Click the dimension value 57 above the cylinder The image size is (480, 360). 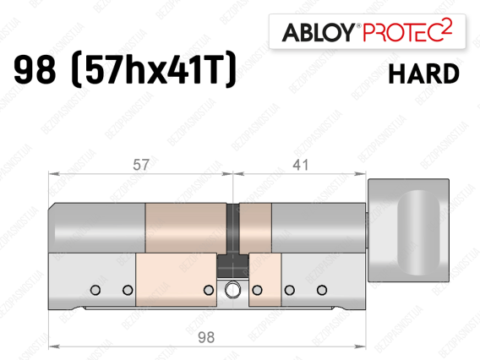pos(141,165)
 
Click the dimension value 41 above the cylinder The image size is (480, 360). pos(300,165)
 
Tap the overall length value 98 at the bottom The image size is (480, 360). pos(206,337)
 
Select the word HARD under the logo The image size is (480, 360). pos(424,74)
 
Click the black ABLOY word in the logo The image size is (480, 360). pos(319,32)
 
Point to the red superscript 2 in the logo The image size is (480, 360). pos(447,28)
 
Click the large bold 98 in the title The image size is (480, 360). pos(35,69)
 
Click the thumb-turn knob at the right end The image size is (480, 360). pos(408,230)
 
